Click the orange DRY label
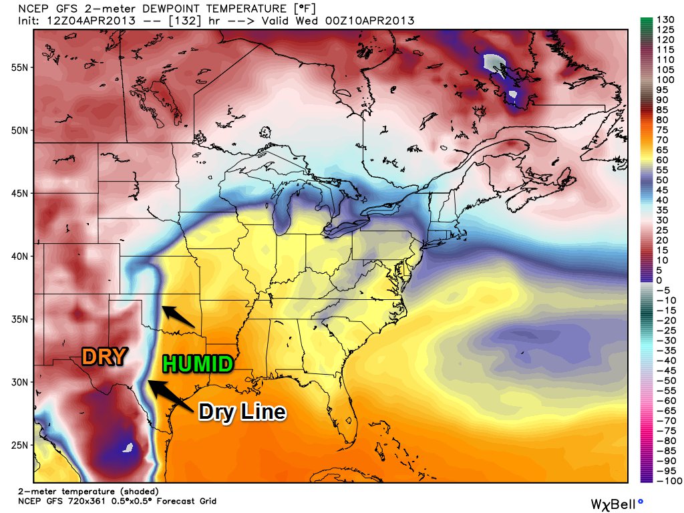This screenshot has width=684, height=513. [x=104, y=356]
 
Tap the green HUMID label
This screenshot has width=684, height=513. [x=197, y=364]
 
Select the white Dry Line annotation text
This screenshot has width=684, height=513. [x=242, y=411]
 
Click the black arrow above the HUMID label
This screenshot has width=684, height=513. [x=178, y=317]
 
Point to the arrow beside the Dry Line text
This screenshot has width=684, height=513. [x=170, y=395]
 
